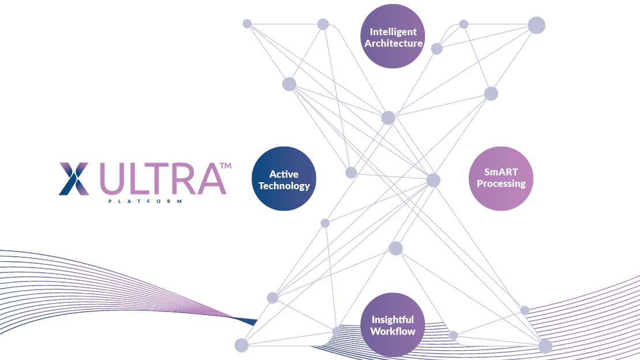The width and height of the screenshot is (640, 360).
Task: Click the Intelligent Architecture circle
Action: pyautogui.click(x=393, y=36)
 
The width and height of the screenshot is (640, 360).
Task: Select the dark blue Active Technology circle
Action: pyautogui.click(x=284, y=179)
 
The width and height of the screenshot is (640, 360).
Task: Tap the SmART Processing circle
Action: pyautogui.click(x=501, y=178)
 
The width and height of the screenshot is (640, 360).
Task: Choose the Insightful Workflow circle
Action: pyautogui.click(x=393, y=325)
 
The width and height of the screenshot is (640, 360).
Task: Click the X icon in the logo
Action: pyautogui.click(x=74, y=178)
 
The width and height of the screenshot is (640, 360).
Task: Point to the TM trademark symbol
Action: pyautogui.click(x=225, y=166)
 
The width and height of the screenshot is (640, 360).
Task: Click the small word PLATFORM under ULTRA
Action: pyautogui.click(x=145, y=201)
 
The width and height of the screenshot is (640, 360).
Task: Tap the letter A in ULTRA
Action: pyautogui.click(x=210, y=179)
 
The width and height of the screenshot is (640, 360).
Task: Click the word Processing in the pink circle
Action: pyautogui.click(x=501, y=184)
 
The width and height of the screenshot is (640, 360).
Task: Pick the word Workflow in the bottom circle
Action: pyautogui.click(x=393, y=331)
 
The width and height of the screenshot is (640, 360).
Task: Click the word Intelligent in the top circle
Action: pyautogui.click(x=393, y=32)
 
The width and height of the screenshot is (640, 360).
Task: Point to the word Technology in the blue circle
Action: pyautogui.click(x=284, y=186)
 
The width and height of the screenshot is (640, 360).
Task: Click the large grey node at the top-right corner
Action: pyautogui.click(x=537, y=25)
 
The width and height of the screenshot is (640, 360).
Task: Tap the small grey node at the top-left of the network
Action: pyautogui.click(x=247, y=24)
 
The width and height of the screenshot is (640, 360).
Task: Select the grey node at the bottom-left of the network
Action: pyautogui.click(x=241, y=346)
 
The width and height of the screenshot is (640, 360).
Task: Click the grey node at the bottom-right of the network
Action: pyautogui.click(x=545, y=346)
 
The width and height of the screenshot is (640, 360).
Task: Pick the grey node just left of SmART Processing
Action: pyautogui.click(x=433, y=180)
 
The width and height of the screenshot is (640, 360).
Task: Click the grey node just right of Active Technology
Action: pyautogui.click(x=351, y=172)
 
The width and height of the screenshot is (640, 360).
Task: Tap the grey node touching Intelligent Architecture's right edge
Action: pyautogui.click(x=437, y=48)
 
